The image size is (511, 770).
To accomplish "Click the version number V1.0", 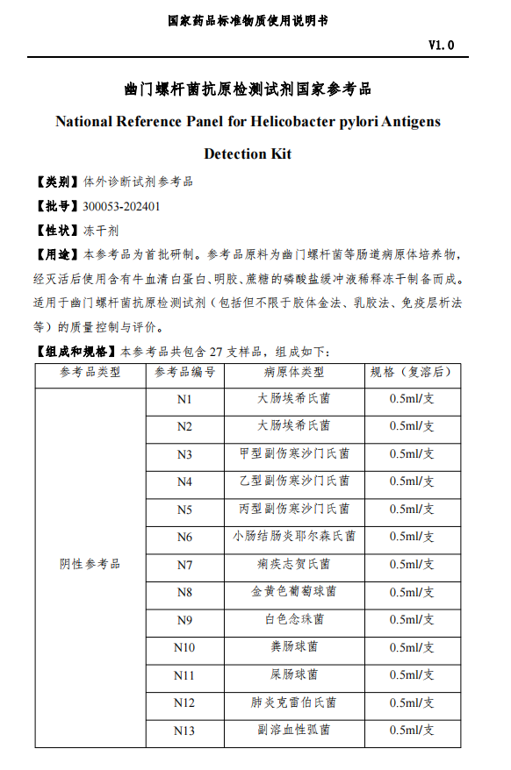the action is pyautogui.click(x=441, y=45).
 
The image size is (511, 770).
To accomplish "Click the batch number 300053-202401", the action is pyautogui.click(x=120, y=207).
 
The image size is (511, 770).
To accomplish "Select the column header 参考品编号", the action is pyautogui.click(x=184, y=372).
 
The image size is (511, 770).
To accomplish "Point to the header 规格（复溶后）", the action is pyautogui.click(x=412, y=372).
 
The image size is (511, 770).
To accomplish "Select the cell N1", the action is pyautogui.click(x=184, y=399).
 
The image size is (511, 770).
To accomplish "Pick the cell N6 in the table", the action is pyautogui.click(x=184, y=537).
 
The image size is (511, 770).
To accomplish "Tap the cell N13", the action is pyautogui.click(x=184, y=731).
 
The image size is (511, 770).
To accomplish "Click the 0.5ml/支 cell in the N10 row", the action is pyautogui.click(x=412, y=647).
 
